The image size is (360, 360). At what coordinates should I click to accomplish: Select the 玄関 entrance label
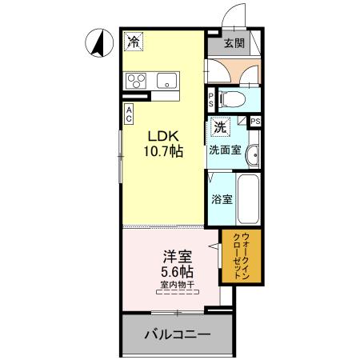(x=234, y=44)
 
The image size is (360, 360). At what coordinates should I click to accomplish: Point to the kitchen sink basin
(x=168, y=80)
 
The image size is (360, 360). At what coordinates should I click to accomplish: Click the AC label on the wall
(x=128, y=114)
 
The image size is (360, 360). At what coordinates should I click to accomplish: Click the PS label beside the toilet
(x=210, y=100)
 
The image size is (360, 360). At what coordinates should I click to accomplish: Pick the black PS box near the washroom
(x=255, y=121)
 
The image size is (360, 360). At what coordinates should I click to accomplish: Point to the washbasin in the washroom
(x=252, y=155)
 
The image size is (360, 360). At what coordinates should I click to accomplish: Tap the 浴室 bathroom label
(x=222, y=199)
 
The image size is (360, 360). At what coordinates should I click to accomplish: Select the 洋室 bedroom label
(x=176, y=258)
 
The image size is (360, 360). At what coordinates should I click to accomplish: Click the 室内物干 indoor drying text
(x=176, y=285)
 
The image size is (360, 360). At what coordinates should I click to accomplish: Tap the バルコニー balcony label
(x=178, y=335)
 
